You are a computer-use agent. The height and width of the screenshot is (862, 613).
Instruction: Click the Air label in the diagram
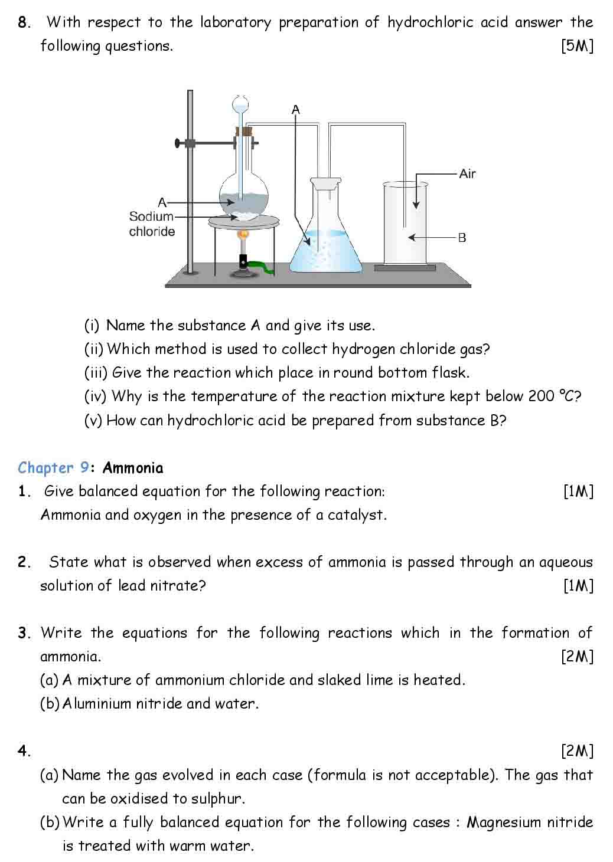click(467, 173)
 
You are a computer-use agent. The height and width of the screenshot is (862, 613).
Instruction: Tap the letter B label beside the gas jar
click(462, 238)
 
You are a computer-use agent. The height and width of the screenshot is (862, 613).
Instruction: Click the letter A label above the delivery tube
click(296, 110)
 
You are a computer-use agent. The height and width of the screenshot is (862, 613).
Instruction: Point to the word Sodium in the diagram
click(151, 217)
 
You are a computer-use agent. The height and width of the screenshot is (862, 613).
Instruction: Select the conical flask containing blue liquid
click(325, 236)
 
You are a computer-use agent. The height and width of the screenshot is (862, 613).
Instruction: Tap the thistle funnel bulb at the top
click(240, 105)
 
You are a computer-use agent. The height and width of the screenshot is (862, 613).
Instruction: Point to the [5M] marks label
click(577, 46)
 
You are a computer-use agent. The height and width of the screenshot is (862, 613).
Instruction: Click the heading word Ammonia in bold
click(133, 468)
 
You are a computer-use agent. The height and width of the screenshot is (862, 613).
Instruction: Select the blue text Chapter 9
click(53, 468)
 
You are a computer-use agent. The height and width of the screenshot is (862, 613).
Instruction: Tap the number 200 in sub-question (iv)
click(541, 396)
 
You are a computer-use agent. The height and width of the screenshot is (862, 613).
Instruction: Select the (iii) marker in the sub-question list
click(95, 373)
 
